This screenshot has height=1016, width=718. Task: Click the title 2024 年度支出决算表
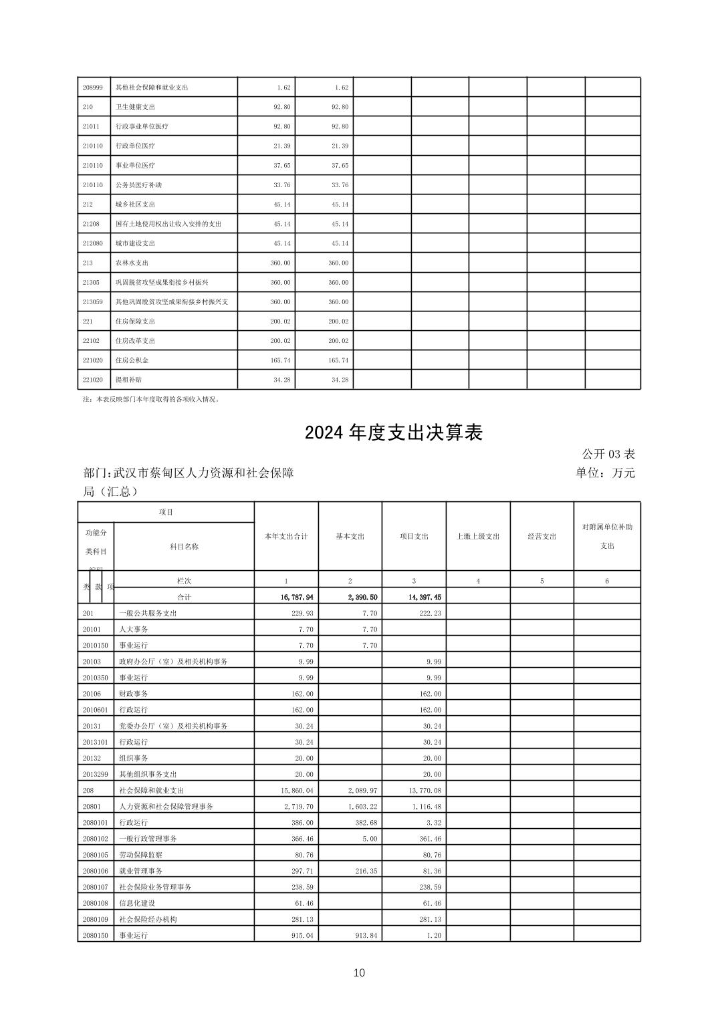point(393,433)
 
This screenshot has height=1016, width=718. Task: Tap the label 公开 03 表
point(608,455)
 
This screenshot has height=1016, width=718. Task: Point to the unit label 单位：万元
point(605,473)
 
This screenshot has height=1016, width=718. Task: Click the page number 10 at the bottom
point(359,973)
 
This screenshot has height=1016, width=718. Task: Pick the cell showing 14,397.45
point(423,597)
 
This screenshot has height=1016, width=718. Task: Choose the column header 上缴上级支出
point(478,536)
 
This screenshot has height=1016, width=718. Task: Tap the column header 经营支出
point(542,536)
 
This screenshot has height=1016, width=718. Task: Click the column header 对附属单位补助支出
point(607,536)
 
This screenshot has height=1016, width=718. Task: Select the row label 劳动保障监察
point(140,855)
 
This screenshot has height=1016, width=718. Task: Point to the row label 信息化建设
point(136,903)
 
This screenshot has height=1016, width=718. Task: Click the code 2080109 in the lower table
point(96,919)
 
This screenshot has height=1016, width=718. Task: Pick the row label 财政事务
point(133,694)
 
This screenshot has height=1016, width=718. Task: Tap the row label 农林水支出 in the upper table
point(132,263)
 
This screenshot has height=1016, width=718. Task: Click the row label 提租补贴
point(128,380)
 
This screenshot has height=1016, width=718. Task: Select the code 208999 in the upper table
point(92,88)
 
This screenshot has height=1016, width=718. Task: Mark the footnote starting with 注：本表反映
point(151,400)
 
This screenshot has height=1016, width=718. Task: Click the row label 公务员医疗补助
point(138,185)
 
